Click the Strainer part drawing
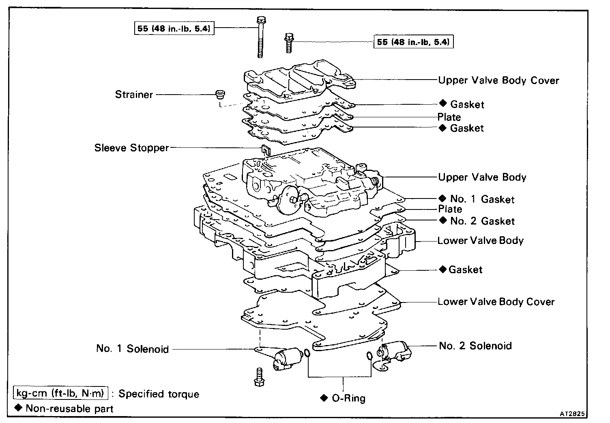pyautogui.click(x=220, y=95)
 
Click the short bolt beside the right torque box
pyautogui.click(x=288, y=43)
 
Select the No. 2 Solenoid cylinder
pyautogui.click(x=395, y=350)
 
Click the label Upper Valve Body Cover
pyautogui.click(x=498, y=80)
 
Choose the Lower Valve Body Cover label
pyautogui.click(x=496, y=302)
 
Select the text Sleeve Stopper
pyautogui.click(x=131, y=147)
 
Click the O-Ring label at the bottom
pyautogui.click(x=348, y=398)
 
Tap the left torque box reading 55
pyautogui.click(x=174, y=28)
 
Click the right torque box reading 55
pyautogui.click(x=413, y=42)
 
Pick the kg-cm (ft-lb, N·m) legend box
pyautogui.click(x=61, y=393)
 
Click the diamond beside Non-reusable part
pyautogui.click(x=18, y=408)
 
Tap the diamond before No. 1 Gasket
pyautogui.click(x=442, y=199)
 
